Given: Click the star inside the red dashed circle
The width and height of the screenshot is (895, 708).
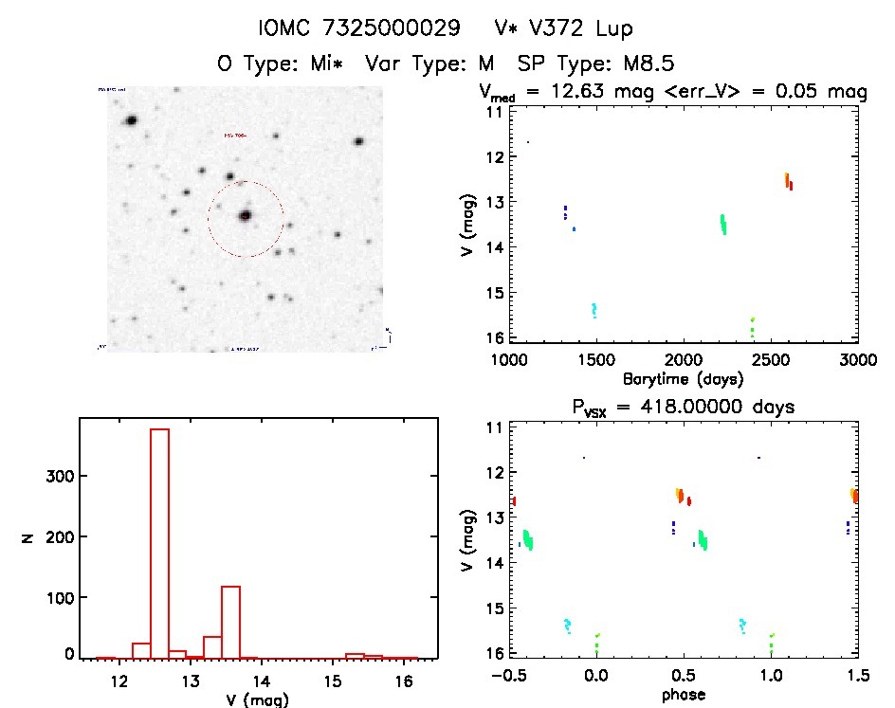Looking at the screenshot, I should [246, 216].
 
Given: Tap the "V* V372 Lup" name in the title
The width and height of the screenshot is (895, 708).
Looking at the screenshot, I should [563, 27].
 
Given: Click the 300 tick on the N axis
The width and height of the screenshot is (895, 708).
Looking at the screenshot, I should [59, 476].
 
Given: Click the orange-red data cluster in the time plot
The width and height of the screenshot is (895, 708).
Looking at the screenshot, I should [789, 181].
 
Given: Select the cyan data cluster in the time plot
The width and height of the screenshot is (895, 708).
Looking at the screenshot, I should [594, 310].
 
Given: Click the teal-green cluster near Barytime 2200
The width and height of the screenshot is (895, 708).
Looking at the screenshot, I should [723, 224].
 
